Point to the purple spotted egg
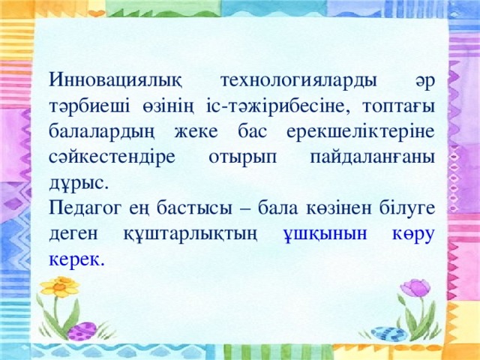point(83,331)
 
